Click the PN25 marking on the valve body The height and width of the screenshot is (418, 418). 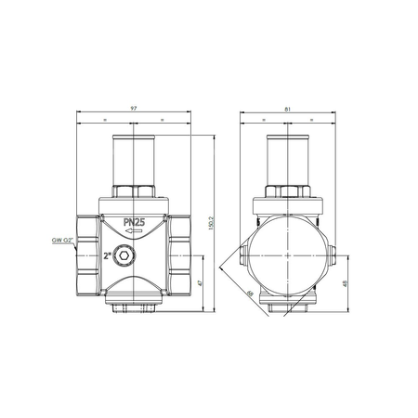(136, 224)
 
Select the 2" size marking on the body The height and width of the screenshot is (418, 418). (109, 254)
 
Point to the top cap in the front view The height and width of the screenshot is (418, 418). (136, 158)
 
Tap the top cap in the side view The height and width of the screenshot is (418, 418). (289, 158)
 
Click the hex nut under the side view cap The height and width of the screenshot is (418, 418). (289, 192)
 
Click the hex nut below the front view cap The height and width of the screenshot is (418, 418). (136, 192)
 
